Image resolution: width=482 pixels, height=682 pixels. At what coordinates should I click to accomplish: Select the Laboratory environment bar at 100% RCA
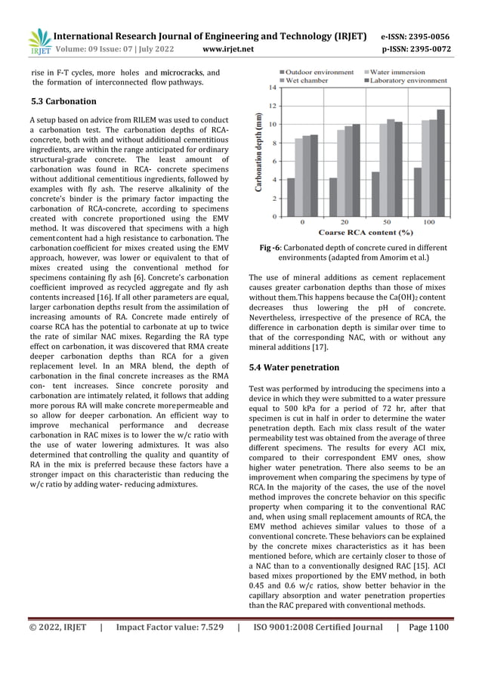click(440, 162)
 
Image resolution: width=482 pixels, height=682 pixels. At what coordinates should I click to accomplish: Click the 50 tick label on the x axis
click(387, 223)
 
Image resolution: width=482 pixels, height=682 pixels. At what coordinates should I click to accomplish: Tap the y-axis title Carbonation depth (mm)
click(259, 151)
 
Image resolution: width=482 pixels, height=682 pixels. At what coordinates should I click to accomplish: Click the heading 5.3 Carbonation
click(63, 101)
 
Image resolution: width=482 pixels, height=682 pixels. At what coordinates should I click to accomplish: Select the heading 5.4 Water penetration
click(294, 367)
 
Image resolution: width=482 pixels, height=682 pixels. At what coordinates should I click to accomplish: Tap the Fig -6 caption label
click(271, 247)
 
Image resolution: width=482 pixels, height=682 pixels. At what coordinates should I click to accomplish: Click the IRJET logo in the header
click(39, 42)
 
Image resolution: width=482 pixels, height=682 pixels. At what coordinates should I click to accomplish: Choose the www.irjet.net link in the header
click(229, 50)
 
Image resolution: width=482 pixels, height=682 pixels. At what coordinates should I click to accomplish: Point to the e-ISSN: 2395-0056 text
click(415, 36)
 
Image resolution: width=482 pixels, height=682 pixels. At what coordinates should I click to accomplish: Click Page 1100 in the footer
click(428, 627)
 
